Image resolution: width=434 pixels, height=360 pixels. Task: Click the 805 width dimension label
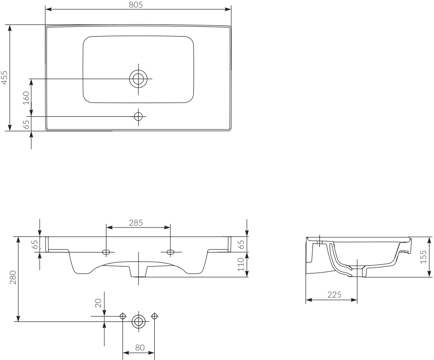tap(136, 5)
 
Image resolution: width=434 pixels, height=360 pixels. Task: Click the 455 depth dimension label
tap(4, 77)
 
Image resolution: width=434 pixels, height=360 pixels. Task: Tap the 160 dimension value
tap(26, 98)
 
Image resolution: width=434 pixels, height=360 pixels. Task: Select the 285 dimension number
tap(136, 223)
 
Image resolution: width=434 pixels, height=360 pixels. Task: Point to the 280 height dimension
tap(13, 277)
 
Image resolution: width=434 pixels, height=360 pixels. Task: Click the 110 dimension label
tap(241, 264)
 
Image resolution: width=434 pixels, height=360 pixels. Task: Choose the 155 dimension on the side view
tap(423, 257)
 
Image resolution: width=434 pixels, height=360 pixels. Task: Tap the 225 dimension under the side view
tap(334, 295)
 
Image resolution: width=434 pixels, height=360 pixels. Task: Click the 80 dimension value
tap(140, 347)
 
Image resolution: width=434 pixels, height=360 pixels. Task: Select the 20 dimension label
tap(98, 303)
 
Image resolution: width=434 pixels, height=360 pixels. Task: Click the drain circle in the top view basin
tap(138, 79)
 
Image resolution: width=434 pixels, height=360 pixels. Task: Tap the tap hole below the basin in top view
tap(138, 117)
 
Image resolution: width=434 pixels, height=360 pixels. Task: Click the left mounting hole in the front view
tap(106, 252)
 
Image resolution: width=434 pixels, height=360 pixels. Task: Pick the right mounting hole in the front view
tap(170, 252)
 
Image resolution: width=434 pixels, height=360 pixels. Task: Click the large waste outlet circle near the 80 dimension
tap(139, 321)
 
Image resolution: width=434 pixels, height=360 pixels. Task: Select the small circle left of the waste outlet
tap(123, 316)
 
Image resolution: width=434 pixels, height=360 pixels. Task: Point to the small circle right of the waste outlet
tap(155, 316)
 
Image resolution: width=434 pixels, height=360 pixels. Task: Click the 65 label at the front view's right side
tap(241, 245)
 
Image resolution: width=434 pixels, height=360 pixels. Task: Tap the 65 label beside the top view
tap(26, 125)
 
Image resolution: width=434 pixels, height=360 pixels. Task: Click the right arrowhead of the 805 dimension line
tap(228, 9)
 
